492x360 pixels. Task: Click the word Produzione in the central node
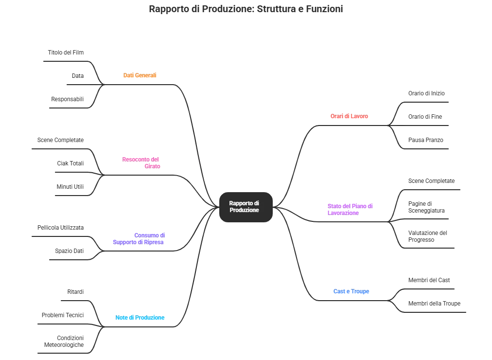(244, 210)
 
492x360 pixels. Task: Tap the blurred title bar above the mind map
(246, 10)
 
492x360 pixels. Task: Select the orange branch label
(140, 75)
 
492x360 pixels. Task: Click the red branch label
(350, 117)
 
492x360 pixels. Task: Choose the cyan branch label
(140, 319)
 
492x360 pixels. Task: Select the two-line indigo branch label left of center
(140, 238)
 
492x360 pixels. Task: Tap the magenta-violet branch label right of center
(350, 209)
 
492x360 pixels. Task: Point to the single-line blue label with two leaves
(351, 292)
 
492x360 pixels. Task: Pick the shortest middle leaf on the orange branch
(77, 75)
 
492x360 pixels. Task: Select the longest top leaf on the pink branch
(60, 140)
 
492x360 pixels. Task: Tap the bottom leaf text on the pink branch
(70, 187)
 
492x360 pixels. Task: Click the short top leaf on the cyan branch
(76, 292)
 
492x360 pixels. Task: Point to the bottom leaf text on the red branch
(425, 140)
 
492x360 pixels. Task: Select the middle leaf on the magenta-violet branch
(427, 206)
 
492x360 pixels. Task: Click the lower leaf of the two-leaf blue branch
(435, 304)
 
